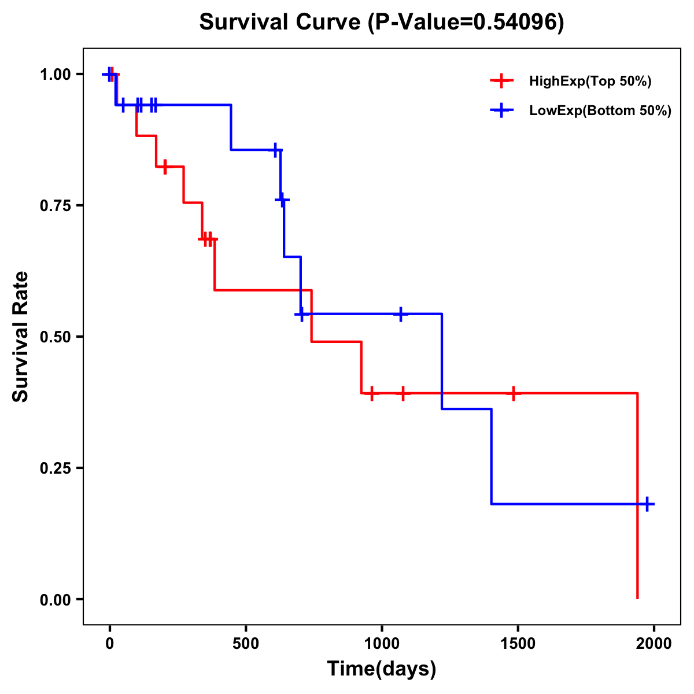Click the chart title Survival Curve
(381, 22)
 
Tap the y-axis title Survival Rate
(21, 336)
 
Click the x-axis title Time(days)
(381, 669)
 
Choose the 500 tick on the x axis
(246, 644)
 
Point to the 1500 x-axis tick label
(518, 644)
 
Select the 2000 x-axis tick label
(654, 644)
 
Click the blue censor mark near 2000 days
(647, 504)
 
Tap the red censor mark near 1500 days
(513, 393)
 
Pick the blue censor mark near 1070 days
(400, 314)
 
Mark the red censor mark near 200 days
(165, 167)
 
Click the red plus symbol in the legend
(501, 82)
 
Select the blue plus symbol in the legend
(501, 111)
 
